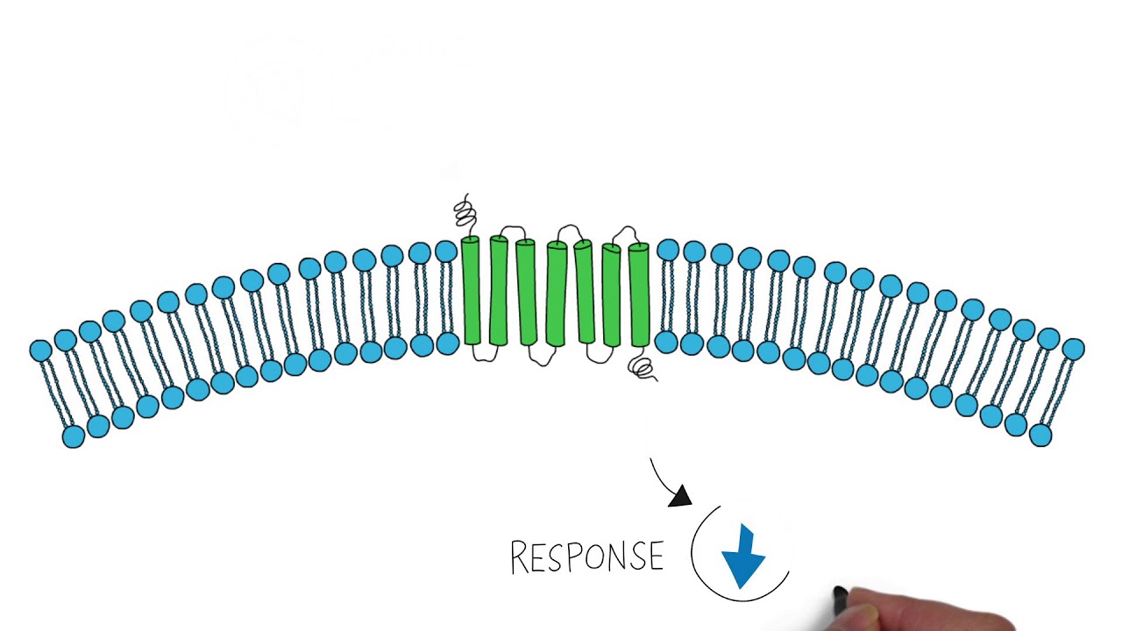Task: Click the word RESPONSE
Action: click(x=586, y=557)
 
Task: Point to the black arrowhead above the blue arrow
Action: click(x=680, y=497)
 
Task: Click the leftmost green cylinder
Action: click(x=471, y=291)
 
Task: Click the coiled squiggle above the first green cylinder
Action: click(x=465, y=213)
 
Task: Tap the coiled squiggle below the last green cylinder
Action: click(x=643, y=369)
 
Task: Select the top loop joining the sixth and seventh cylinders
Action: click(x=625, y=232)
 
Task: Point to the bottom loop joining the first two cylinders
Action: click(x=484, y=354)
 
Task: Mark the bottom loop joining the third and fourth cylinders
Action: click(x=541, y=357)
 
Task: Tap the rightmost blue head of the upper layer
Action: click(x=1073, y=350)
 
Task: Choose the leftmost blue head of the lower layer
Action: click(x=74, y=436)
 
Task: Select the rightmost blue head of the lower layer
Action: click(x=1040, y=435)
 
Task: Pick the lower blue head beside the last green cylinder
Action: click(x=666, y=342)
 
